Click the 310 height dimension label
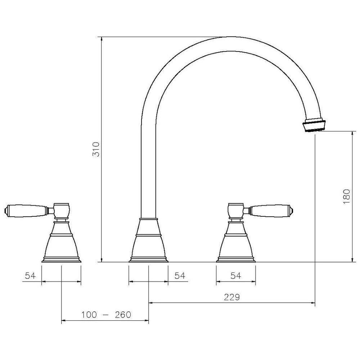tap(95, 149)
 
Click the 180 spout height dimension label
tap(346, 197)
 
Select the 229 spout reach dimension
tap(232, 297)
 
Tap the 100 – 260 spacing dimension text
tap(106, 315)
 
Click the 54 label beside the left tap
tap(30, 276)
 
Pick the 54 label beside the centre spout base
tap(179, 276)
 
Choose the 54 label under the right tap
tap(235, 276)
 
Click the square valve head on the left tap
tap(61, 210)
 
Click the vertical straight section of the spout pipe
tap(148, 162)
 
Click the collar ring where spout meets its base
tap(148, 219)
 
